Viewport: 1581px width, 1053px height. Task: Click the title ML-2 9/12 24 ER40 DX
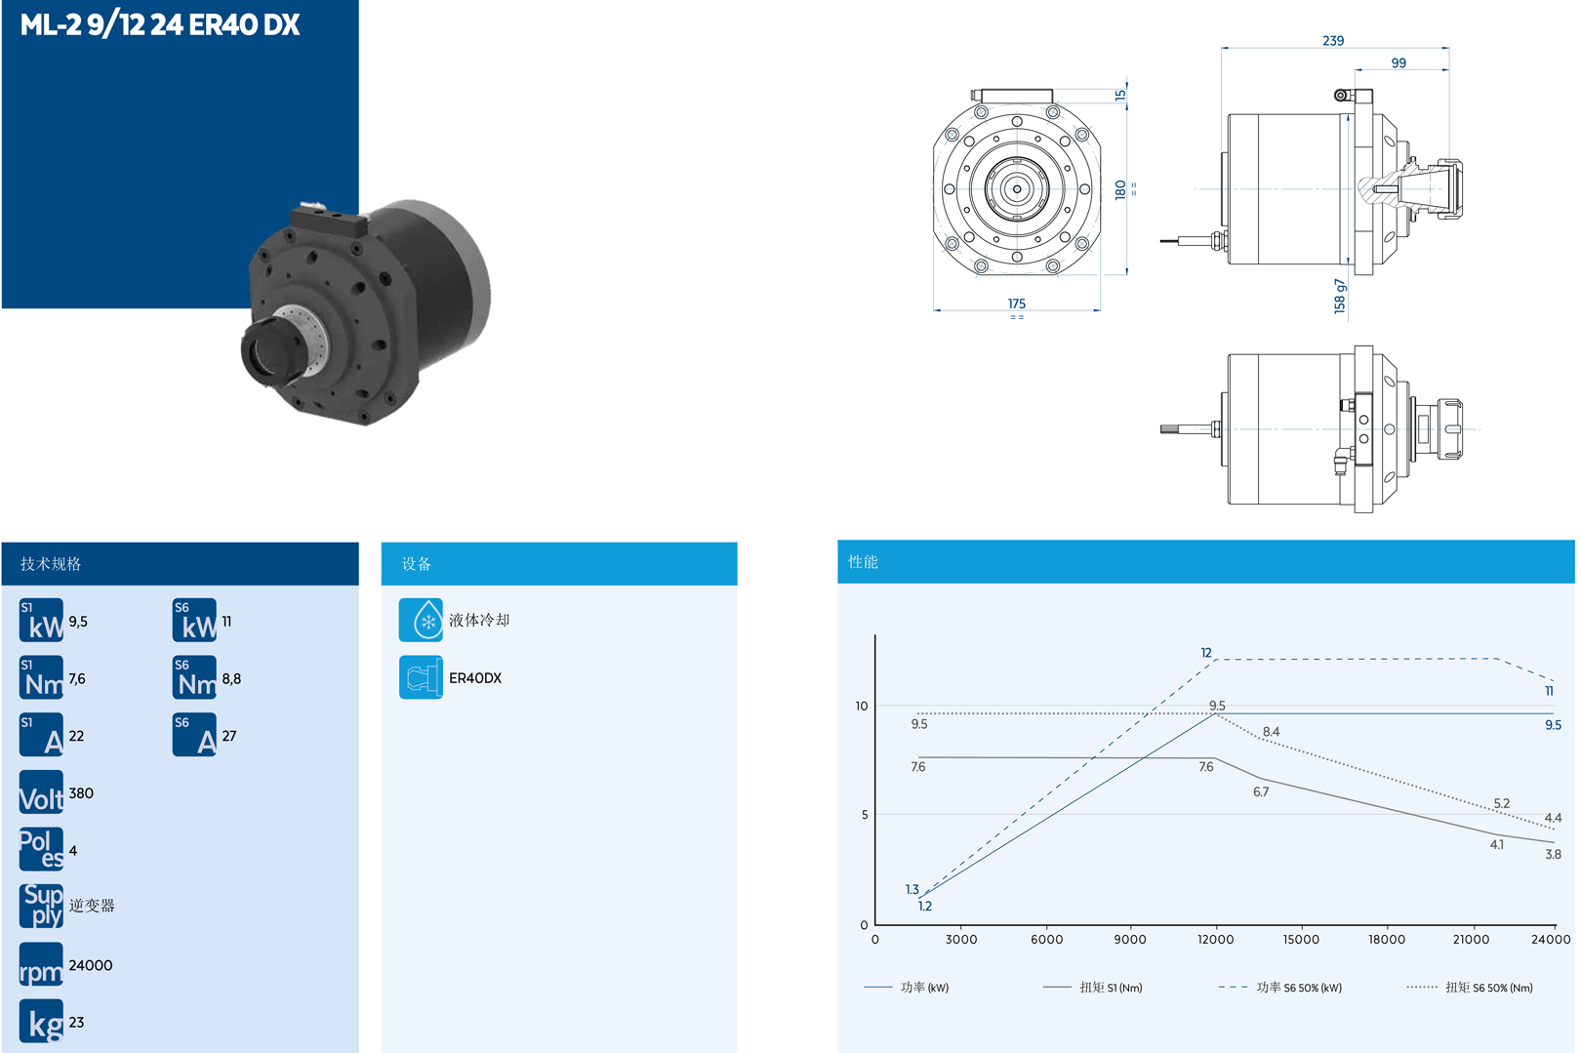[160, 25]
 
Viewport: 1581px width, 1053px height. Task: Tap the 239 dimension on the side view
[1332, 40]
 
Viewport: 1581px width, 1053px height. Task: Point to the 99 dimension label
[1399, 62]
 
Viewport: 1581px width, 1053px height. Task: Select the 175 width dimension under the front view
[1016, 304]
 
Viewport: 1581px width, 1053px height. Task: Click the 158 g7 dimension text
[1340, 297]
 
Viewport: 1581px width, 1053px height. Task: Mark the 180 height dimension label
[1120, 190]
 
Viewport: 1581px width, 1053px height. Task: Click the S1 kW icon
[41, 621]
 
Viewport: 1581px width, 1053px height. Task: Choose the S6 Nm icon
[194, 677]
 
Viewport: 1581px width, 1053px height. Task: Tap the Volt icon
[41, 792]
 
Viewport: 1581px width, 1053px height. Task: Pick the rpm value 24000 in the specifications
[91, 965]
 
